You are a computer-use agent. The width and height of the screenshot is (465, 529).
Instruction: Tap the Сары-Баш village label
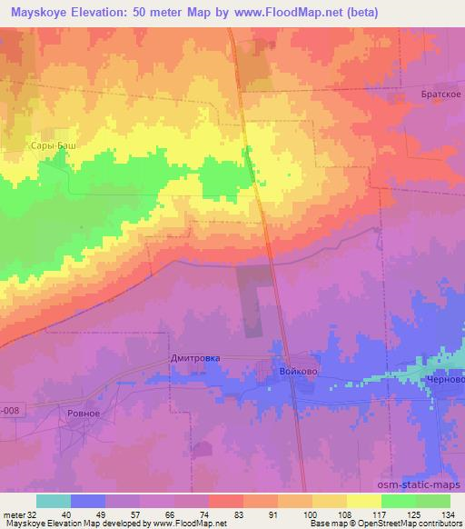54,145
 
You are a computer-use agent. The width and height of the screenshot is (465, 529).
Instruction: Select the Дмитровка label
195,358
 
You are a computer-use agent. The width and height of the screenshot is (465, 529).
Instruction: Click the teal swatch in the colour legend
54,501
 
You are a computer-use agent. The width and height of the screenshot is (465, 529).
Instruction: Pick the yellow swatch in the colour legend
364,501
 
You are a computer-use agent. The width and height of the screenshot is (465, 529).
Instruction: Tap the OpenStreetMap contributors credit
413,524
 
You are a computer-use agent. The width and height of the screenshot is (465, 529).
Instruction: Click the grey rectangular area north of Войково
257,291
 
